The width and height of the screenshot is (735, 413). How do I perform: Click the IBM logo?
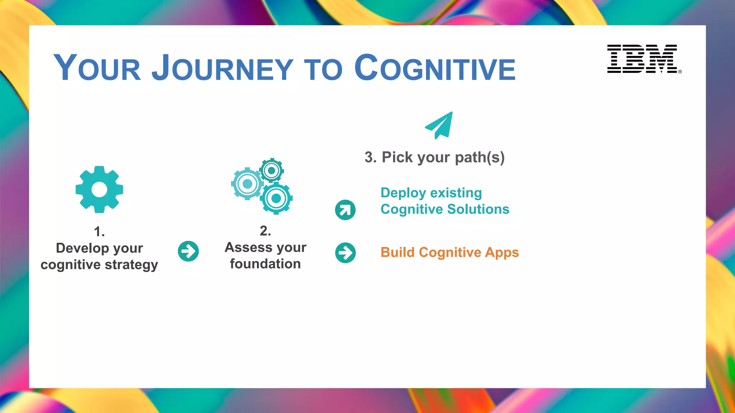(x=642, y=59)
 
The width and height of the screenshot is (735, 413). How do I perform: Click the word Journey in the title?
(x=222, y=68)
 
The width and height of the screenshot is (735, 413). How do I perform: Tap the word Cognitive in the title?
(x=435, y=68)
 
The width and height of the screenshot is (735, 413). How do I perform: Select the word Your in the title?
(x=97, y=68)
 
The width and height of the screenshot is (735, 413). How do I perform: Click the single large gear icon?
(x=99, y=189)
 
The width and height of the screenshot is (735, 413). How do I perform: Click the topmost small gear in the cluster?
(x=272, y=170)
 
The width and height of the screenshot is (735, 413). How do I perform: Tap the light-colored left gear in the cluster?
(x=247, y=184)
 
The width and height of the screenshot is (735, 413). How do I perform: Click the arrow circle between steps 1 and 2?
(x=188, y=251)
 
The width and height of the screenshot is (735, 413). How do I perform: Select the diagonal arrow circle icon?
(x=345, y=210)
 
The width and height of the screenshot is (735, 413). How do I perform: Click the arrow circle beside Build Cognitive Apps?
(x=345, y=253)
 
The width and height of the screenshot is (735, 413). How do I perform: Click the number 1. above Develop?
(x=99, y=232)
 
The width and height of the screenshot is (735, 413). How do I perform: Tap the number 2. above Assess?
(x=265, y=231)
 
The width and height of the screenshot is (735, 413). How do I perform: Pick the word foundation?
(x=265, y=264)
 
